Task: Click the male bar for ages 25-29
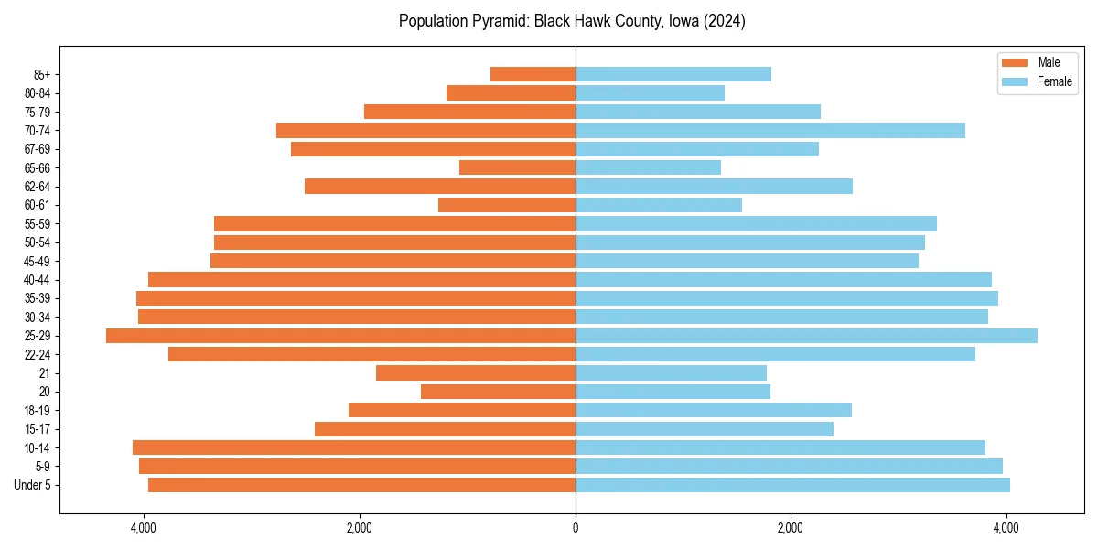tap(340, 336)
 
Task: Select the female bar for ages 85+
tap(673, 74)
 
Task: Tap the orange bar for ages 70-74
tap(425, 131)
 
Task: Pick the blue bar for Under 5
tap(792, 485)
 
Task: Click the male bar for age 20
tap(498, 392)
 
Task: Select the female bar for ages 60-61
tap(658, 205)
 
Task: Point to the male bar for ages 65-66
tap(517, 167)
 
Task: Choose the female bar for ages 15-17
tap(704, 429)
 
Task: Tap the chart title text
tap(572, 21)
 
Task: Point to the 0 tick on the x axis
tap(576, 528)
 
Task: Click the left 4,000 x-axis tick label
tap(144, 528)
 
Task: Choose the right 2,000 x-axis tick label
tap(791, 528)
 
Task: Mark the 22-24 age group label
tap(38, 354)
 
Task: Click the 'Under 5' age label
tap(33, 485)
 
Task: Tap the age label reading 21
tap(46, 373)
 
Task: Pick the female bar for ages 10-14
tap(780, 447)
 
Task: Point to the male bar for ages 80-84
tap(511, 93)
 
